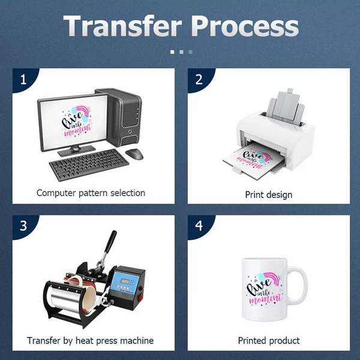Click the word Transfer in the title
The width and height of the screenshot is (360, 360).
(122, 25)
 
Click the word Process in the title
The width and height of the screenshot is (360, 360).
(245, 26)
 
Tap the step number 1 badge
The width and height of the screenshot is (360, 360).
(23, 80)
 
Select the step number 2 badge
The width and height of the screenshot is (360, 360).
(199, 80)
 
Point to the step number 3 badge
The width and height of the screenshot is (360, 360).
(23, 226)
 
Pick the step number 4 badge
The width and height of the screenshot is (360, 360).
(199, 226)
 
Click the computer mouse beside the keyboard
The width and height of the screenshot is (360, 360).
(134, 154)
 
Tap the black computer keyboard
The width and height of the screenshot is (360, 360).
(89, 164)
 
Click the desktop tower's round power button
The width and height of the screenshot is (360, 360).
(130, 131)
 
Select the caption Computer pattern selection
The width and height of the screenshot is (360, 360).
(91, 193)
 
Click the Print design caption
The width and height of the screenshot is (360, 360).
(269, 194)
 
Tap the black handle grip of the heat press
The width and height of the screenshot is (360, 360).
(110, 241)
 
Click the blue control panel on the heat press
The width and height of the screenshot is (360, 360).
(125, 282)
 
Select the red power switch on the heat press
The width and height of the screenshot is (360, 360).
(140, 298)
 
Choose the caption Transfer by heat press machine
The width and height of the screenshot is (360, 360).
(90, 340)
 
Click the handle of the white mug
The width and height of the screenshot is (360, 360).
(298, 284)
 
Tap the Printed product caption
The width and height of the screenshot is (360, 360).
(269, 340)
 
